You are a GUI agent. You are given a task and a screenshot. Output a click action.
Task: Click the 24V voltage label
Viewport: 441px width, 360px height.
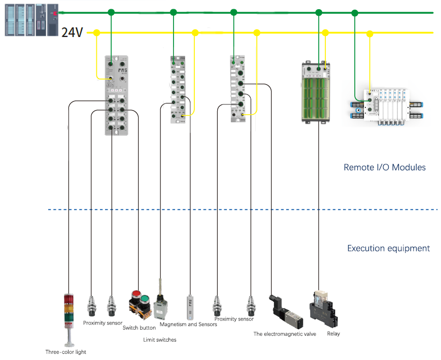(72, 33)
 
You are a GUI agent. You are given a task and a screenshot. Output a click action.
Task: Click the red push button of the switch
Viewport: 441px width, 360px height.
(135, 295)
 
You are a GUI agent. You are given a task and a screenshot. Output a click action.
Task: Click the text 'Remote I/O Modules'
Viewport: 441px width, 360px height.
(384, 167)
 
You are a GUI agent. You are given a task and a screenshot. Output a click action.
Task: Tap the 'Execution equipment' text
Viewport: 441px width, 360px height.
(388, 248)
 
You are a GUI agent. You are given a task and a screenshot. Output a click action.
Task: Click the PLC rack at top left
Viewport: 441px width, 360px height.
(31, 20)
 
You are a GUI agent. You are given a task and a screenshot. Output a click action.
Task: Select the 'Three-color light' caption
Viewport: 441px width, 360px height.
(66, 351)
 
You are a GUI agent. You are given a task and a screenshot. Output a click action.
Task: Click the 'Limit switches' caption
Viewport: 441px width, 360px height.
(160, 340)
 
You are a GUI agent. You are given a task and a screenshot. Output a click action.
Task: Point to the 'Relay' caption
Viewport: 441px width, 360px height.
(333, 334)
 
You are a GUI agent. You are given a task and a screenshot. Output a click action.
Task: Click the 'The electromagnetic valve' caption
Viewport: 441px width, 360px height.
(285, 334)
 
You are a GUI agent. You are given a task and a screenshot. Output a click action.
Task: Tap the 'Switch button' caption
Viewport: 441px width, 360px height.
(139, 328)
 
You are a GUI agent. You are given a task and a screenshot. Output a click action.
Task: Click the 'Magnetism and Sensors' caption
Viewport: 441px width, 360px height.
(188, 324)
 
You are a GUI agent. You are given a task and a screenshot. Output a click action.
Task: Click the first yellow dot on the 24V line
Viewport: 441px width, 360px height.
(96, 33)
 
